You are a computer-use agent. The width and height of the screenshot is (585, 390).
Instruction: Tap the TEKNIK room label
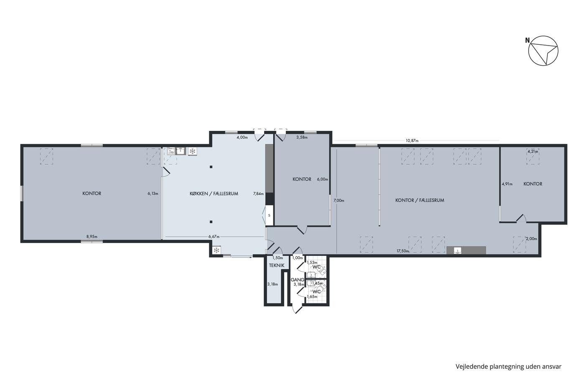click(x=277, y=265)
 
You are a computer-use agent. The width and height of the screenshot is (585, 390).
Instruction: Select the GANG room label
click(x=298, y=280)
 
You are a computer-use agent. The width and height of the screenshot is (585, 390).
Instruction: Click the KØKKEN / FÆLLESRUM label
click(x=214, y=194)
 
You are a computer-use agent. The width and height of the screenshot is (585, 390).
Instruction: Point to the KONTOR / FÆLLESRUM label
click(x=420, y=200)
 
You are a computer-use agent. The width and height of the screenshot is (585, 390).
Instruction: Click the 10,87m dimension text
click(x=412, y=140)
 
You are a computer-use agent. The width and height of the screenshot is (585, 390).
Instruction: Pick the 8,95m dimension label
click(x=92, y=237)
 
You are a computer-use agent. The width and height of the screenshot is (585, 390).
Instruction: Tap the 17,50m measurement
click(x=403, y=251)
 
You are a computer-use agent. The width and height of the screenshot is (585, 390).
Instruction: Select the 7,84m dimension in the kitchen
click(x=259, y=194)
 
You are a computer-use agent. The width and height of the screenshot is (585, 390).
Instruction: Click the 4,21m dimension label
click(x=533, y=151)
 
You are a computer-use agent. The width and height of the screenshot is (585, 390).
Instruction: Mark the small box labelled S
click(x=269, y=216)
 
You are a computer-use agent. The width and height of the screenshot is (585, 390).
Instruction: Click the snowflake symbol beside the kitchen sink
click(x=193, y=151)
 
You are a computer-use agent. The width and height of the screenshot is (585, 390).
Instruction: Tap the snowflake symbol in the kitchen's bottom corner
click(x=216, y=250)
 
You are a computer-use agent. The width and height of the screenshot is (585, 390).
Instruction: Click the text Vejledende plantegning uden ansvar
click(x=509, y=367)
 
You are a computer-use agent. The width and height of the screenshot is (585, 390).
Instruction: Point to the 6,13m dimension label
click(x=153, y=194)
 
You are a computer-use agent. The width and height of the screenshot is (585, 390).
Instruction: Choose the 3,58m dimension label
click(x=302, y=138)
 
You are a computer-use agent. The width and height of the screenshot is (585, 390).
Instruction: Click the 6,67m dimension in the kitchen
click(x=214, y=237)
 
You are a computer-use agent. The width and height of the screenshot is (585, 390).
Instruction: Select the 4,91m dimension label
click(x=507, y=184)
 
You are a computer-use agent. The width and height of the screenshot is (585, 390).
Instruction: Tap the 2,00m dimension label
click(x=532, y=239)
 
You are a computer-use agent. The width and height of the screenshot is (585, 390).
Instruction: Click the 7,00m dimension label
click(x=339, y=201)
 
